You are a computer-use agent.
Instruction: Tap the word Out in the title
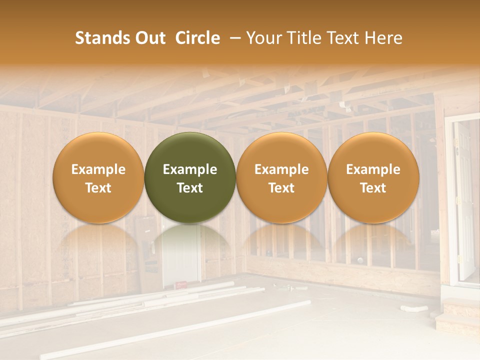149,38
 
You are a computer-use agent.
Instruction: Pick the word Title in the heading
305,38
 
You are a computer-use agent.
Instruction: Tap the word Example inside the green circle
190,169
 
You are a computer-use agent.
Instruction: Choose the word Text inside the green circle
190,188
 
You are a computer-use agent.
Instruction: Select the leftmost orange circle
98,177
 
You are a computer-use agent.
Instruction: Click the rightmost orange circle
373,177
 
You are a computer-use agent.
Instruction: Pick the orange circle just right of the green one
281,177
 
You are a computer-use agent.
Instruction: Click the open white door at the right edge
464,200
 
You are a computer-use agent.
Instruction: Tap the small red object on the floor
181,285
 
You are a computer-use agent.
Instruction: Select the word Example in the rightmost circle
373,169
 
